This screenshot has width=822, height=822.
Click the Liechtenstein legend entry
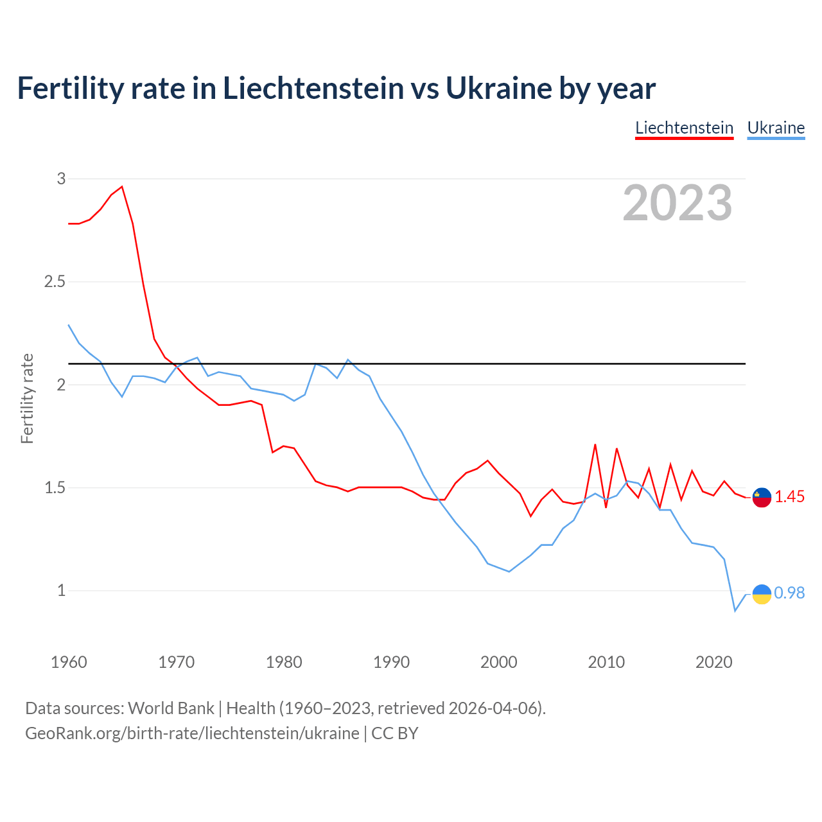click(684, 128)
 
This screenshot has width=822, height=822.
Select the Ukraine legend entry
click(776, 128)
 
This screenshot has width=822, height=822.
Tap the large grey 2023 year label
click(678, 203)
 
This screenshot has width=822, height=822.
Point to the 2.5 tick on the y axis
click(55, 282)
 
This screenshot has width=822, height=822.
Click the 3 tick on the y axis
click(62, 179)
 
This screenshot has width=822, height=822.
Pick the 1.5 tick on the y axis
click(55, 488)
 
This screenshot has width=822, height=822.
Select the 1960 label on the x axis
click(69, 662)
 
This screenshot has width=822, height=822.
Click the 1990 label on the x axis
click(391, 662)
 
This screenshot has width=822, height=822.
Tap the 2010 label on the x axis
click(606, 662)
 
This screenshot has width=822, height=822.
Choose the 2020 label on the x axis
click(713, 662)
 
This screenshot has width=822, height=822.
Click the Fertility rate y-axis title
click(27, 398)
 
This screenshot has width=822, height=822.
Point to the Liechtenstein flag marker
click(762, 497)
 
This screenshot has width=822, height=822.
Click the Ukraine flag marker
click(762, 594)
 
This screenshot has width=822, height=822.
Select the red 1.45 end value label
click(789, 497)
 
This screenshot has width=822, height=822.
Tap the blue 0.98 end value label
click(789, 593)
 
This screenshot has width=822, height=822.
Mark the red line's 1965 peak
click(122, 187)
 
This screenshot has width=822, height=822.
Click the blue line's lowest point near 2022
click(735, 611)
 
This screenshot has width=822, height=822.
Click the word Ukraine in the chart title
click(498, 88)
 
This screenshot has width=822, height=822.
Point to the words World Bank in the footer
click(171, 708)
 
